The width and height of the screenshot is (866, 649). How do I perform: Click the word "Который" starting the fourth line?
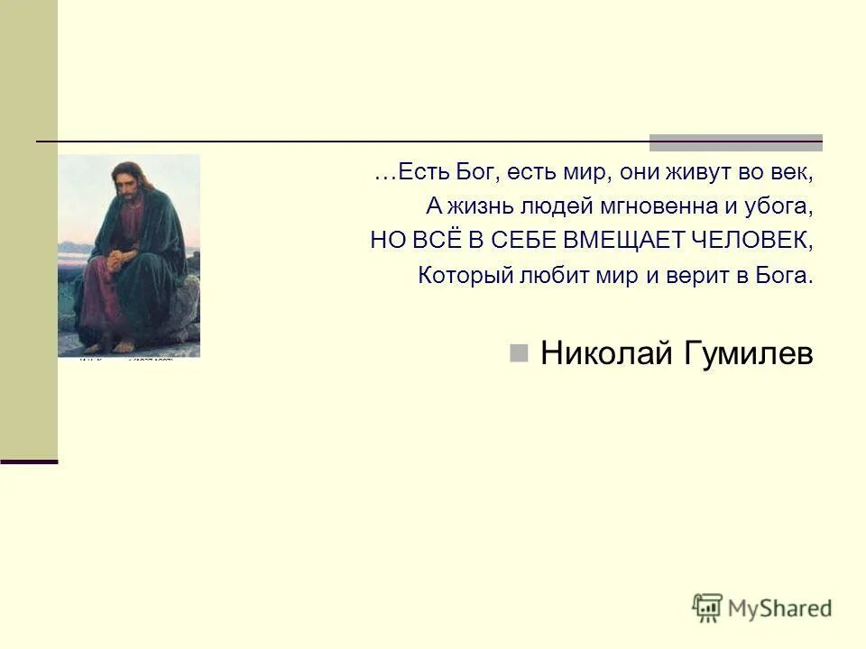tap(460, 275)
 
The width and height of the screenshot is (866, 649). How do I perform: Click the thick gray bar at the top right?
tap(736, 142)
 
